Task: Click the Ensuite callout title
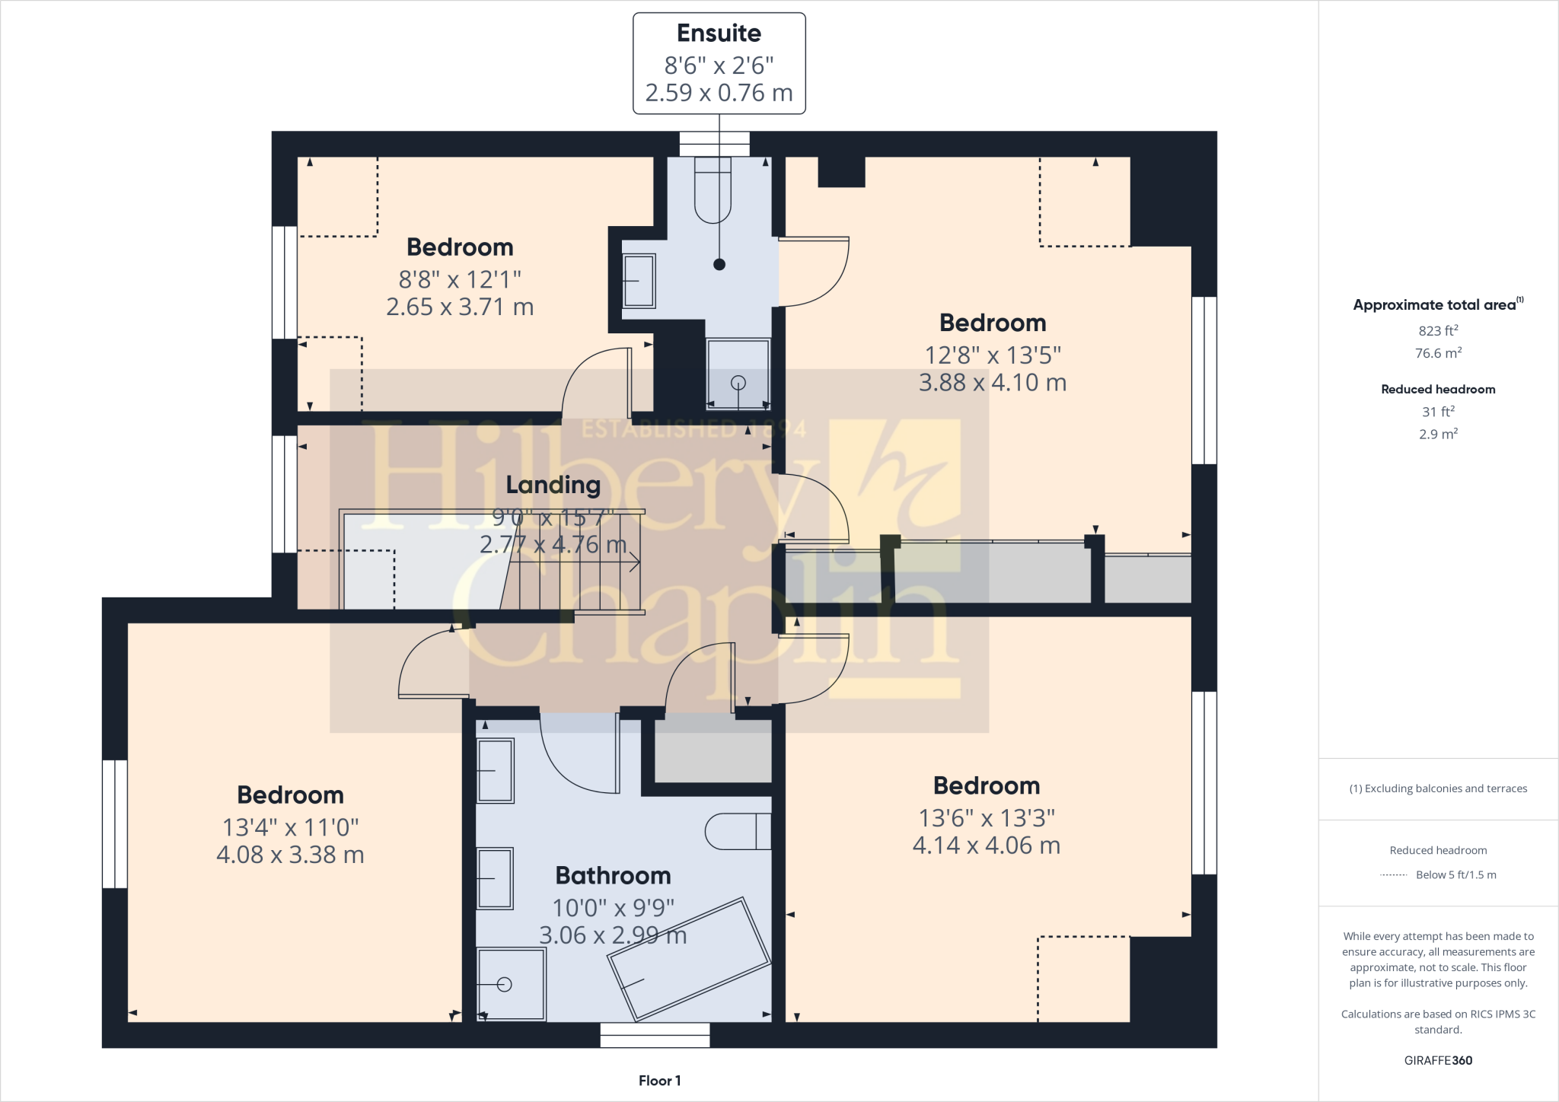click(719, 33)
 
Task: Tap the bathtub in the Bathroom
click(690, 959)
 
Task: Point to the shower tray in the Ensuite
click(738, 374)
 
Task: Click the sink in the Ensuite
click(639, 281)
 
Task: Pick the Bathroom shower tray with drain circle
click(511, 984)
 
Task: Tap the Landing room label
click(553, 485)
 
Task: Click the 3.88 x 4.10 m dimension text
click(992, 382)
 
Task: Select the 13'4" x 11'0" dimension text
click(290, 827)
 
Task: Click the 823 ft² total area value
click(1437, 331)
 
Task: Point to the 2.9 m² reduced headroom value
click(1437, 434)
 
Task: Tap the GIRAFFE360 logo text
click(1437, 1060)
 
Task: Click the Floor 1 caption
click(659, 1081)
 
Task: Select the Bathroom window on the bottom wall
click(655, 1035)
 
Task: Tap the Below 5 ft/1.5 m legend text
click(1455, 874)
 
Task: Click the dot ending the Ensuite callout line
click(719, 265)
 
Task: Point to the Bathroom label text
click(613, 875)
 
